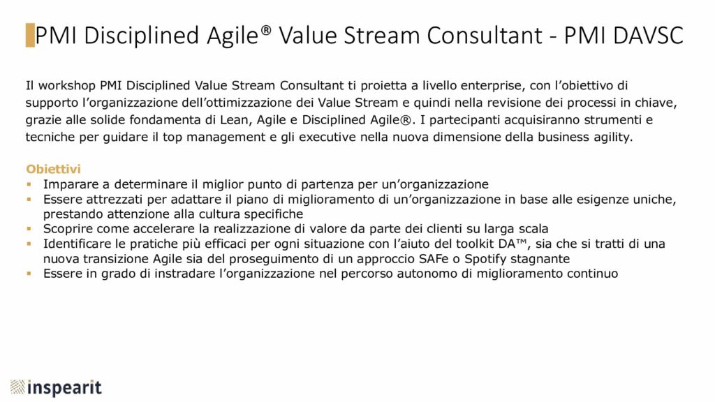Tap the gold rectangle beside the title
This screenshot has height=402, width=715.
30,35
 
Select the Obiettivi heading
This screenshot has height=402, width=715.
53,169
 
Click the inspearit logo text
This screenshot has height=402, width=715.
64,388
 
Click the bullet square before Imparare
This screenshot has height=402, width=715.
29,184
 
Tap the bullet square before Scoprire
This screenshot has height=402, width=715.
29,228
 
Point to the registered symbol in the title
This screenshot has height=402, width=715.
266,29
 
